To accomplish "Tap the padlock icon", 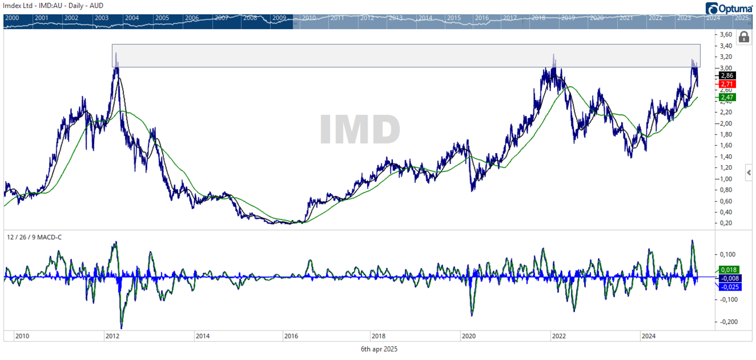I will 743,38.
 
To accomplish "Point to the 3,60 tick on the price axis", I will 726,35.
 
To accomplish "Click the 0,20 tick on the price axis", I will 726,223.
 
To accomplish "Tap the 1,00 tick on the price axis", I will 726,179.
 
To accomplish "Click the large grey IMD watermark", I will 360,130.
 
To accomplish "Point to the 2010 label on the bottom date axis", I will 22,336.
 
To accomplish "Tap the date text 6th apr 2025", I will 379,349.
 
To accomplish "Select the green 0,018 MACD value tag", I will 728,270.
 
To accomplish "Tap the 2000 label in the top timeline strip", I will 11,18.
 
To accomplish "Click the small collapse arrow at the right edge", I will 749,172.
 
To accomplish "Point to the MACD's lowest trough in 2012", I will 122,327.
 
